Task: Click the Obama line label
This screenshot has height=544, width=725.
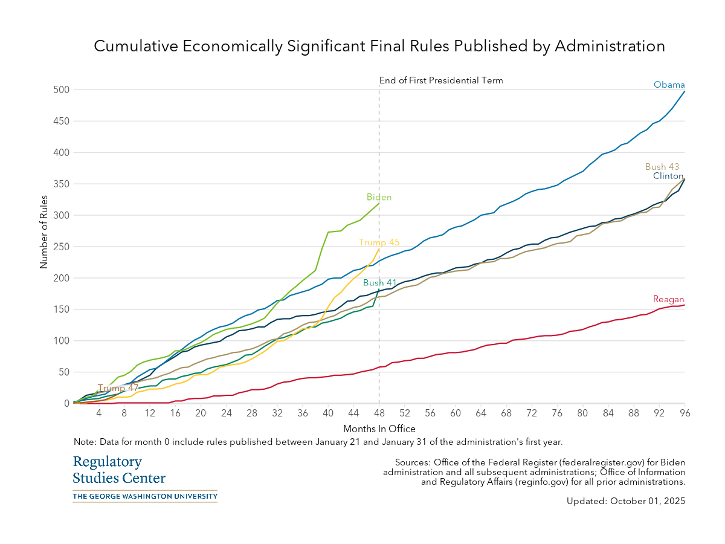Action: [x=669, y=85]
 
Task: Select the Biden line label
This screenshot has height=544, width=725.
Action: [x=379, y=198]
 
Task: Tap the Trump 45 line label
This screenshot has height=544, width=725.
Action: [x=379, y=242]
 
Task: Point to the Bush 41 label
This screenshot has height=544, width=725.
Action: [x=380, y=283]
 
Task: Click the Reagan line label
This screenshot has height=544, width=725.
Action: [x=668, y=300]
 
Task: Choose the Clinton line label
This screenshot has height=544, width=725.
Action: [x=668, y=176]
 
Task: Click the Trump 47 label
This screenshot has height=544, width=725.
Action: [x=118, y=388]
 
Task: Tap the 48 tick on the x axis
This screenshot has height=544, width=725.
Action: [x=379, y=414]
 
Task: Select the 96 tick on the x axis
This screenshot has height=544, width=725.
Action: [x=685, y=414]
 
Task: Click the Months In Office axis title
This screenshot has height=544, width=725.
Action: [x=379, y=429]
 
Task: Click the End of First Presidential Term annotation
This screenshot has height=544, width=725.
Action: [x=441, y=80]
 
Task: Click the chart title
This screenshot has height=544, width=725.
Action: [x=379, y=47]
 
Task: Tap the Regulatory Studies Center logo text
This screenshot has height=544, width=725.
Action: [x=119, y=470]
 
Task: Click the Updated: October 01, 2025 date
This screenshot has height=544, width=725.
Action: [x=626, y=501]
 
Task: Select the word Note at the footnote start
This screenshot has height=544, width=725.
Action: [x=83, y=442]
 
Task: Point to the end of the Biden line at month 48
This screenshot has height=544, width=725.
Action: [x=379, y=204]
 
